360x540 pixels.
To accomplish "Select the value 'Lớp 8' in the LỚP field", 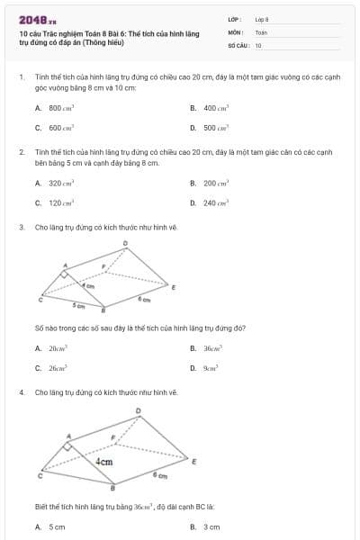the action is point(262,19).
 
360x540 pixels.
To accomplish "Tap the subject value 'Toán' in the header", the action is point(261,31).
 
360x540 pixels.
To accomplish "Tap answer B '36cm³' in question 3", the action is point(212,347).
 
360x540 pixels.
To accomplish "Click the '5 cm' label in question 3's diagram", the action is point(79,306).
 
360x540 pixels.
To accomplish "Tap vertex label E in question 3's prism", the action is point(174,288).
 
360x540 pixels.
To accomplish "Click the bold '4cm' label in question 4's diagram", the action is point(104,461).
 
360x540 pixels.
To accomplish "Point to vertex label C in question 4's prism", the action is point(38,474).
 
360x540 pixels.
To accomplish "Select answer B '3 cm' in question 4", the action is point(211,527).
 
